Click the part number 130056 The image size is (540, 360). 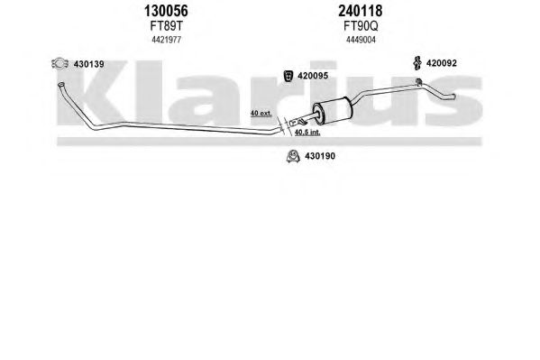click(166, 11)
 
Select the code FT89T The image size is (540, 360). click(166, 26)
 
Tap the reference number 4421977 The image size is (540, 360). click(167, 40)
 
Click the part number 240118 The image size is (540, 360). click(361, 11)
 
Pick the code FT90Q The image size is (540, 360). click(361, 26)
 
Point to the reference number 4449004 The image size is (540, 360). click(361, 40)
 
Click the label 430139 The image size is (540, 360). click(89, 64)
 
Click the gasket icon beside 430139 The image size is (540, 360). click(59, 63)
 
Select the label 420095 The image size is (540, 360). click(313, 76)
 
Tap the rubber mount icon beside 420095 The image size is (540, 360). click(288, 76)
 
